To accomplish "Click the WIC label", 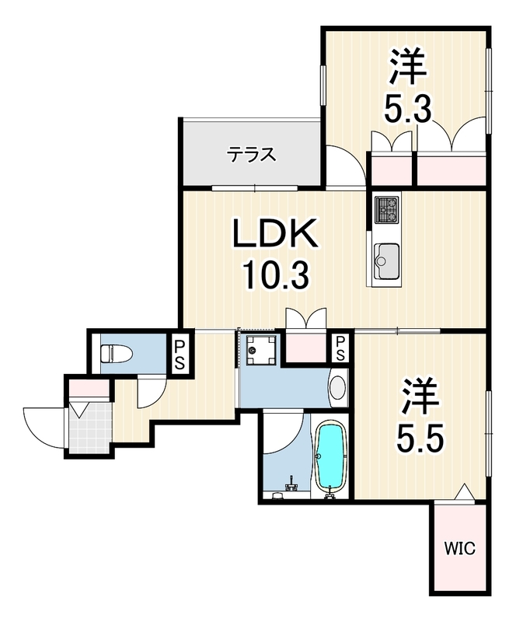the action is [x=459, y=549].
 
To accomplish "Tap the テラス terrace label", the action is [x=252, y=154].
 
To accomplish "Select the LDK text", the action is [x=276, y=233].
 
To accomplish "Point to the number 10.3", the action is [x=276, y=277].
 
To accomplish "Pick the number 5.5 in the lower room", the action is [x=420, y=438].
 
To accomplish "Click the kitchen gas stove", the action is [x=388, y=209].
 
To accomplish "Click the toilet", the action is [x=117, y=354].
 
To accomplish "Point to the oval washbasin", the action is [x=337, y=387].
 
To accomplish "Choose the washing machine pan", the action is [x=260, y=350].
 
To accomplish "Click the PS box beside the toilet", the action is [x=180, y=351].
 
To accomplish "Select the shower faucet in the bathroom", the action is [x=291, y=484].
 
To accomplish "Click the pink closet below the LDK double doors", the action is [x=306, y=347].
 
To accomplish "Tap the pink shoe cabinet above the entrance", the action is [x=89, y=387].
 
